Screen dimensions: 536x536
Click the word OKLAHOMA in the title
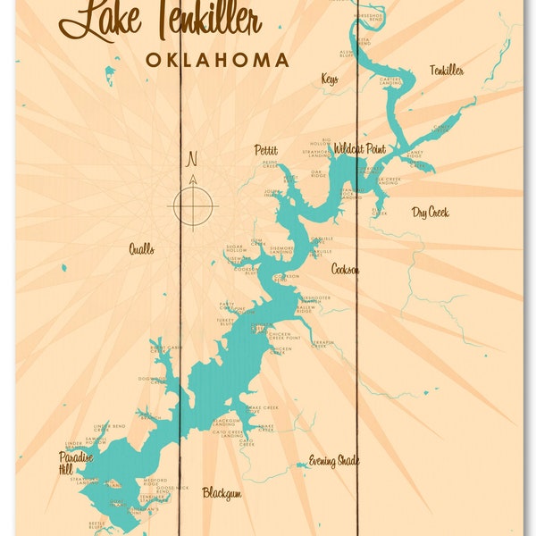pyautogui.click(x=217, y=61)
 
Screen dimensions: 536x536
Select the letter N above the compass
pyautogui.click(x=191, y=161)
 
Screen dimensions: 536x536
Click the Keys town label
pyautogui.click(x=330, y=80)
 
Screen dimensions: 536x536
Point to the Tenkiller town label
pyautogui.click(x=446, y=70)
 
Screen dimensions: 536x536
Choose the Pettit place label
pyautogui.click(x=265, y=150)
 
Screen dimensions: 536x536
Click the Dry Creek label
pyautogui.click(x=430, y=213)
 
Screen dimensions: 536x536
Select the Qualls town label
pyautogui.click(x=141, y=249)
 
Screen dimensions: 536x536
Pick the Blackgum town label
pyautogui.click(x=222, y=492)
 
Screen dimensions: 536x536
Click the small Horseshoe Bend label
pyautogui.click(x=367, y=18)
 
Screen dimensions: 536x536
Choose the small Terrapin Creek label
pyautogui.click(x=322, y=344)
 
